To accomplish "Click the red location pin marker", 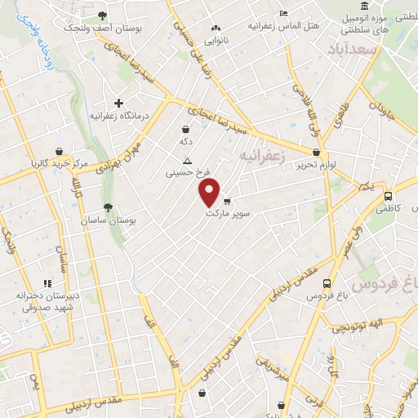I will click(209, 193).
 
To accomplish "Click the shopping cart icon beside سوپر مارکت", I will click(227, 201).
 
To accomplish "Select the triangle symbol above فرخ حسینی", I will click(188, 161).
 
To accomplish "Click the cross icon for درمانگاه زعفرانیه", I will click(119, 104).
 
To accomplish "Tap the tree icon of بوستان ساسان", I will click(108, 207).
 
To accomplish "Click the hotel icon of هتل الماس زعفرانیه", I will click(283, 14).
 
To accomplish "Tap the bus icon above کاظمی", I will click(388, 197).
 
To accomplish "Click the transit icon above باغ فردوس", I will click(327, 284).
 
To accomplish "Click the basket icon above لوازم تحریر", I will click(317, 152).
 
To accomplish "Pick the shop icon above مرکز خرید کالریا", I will click(59, 152).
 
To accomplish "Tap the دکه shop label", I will click(186, 141).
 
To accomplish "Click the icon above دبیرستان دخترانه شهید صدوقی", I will click(47, 282).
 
